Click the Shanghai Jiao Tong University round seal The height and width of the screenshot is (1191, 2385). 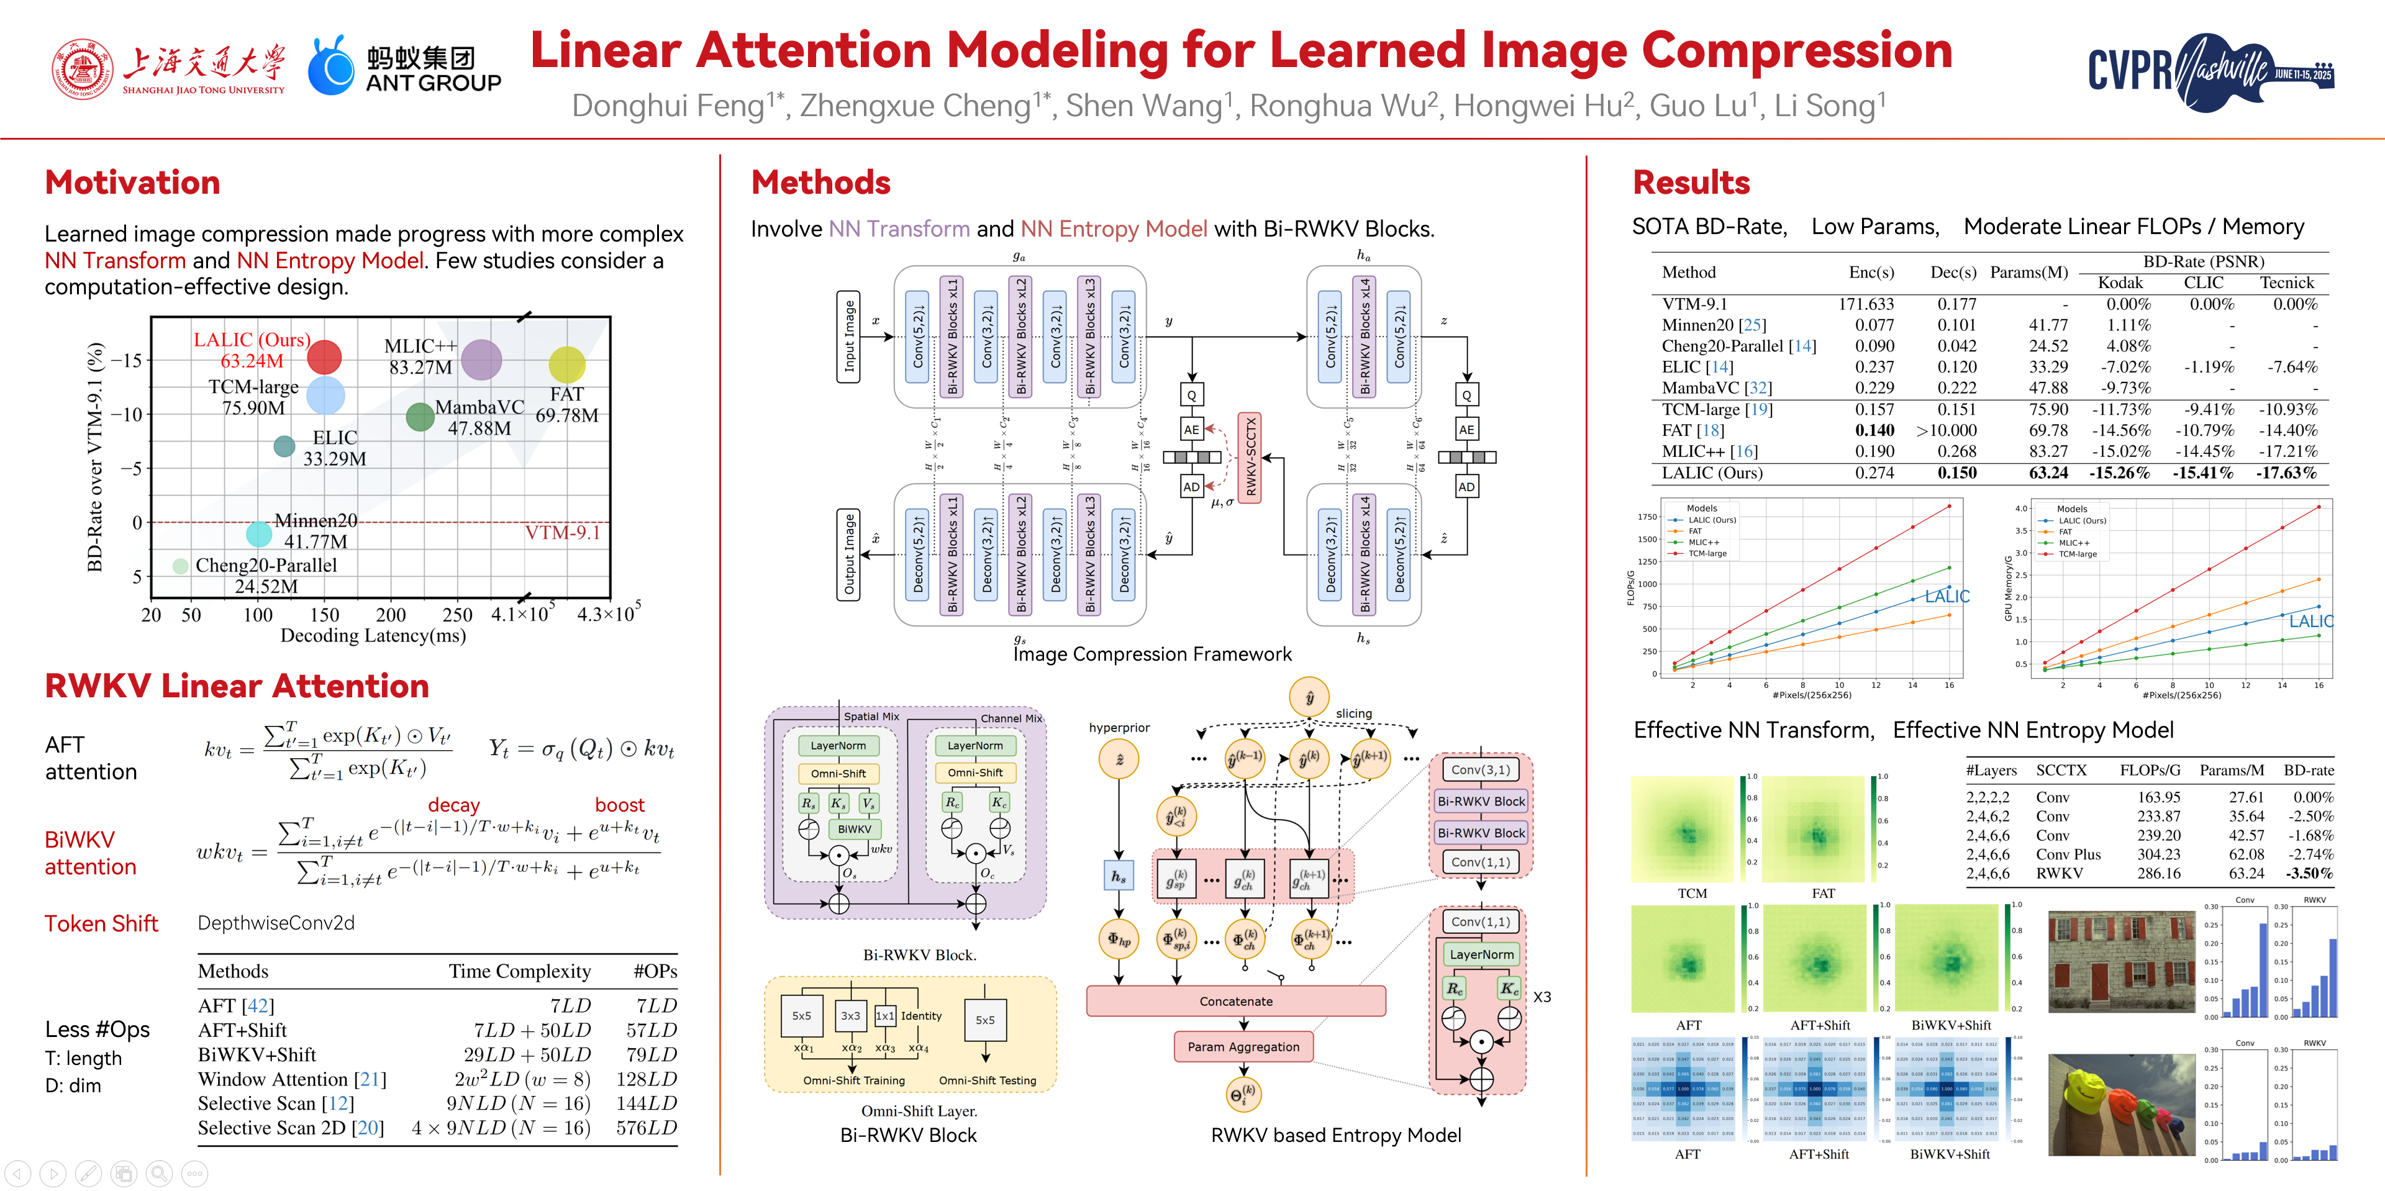(x=83, y=68)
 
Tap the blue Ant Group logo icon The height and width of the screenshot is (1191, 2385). (x=330, y=66)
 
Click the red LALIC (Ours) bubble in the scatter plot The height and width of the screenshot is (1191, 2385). (x=324, y=356)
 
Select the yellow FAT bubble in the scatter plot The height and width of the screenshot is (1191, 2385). (x=566, y=365)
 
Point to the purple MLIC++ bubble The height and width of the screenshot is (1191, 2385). (x=481, y=359)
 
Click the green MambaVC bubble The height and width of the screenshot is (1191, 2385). (x=420, y=417)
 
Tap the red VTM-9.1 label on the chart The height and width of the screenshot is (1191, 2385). (x=562, y=533)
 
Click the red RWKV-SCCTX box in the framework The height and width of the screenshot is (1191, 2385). (x=1250, y=456)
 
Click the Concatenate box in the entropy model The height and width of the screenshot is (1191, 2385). (x=1235, y=1001)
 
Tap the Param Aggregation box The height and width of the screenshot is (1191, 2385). (x=1243, y=1047)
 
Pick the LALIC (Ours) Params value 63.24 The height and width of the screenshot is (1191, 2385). (x=2048, y=473)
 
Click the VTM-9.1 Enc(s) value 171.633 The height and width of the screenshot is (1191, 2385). (x=1866, y=304)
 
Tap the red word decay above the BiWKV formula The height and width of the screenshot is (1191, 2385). (x=453, y=805)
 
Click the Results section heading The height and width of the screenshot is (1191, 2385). (x=1691, y=183)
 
